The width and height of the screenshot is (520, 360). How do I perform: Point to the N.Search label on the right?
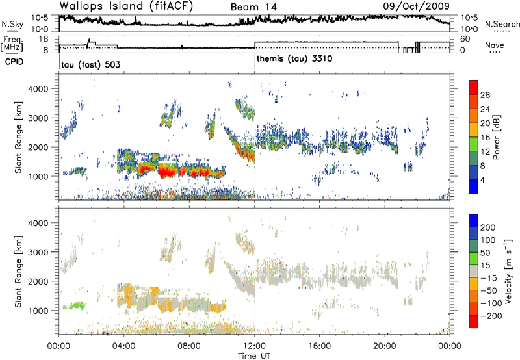pyautogui.click(x=502, y=25)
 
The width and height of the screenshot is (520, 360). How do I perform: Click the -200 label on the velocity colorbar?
pyautogui.click(x=489, y=314)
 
